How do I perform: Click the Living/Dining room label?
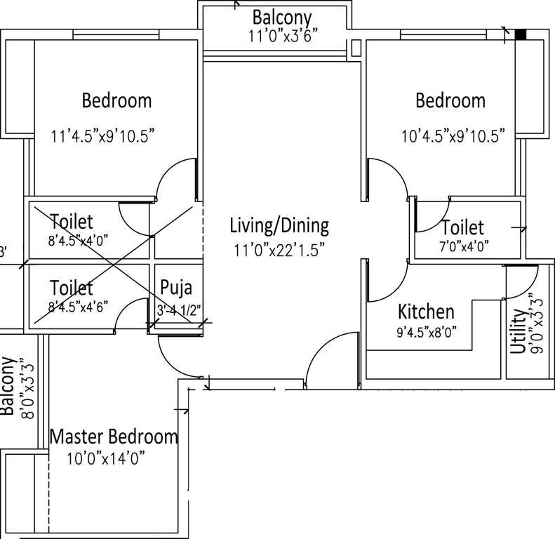pos(279,226)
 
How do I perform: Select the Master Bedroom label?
pos(114,437)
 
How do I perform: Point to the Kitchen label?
pos(426,312)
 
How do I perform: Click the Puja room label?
pos(176,288)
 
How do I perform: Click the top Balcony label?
pos(282,17)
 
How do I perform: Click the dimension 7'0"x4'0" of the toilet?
pos(463,246)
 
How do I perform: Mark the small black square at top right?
pos(521,34)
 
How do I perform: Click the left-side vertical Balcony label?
pos(9,386)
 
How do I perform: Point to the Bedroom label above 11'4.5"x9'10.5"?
pos(116,100)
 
